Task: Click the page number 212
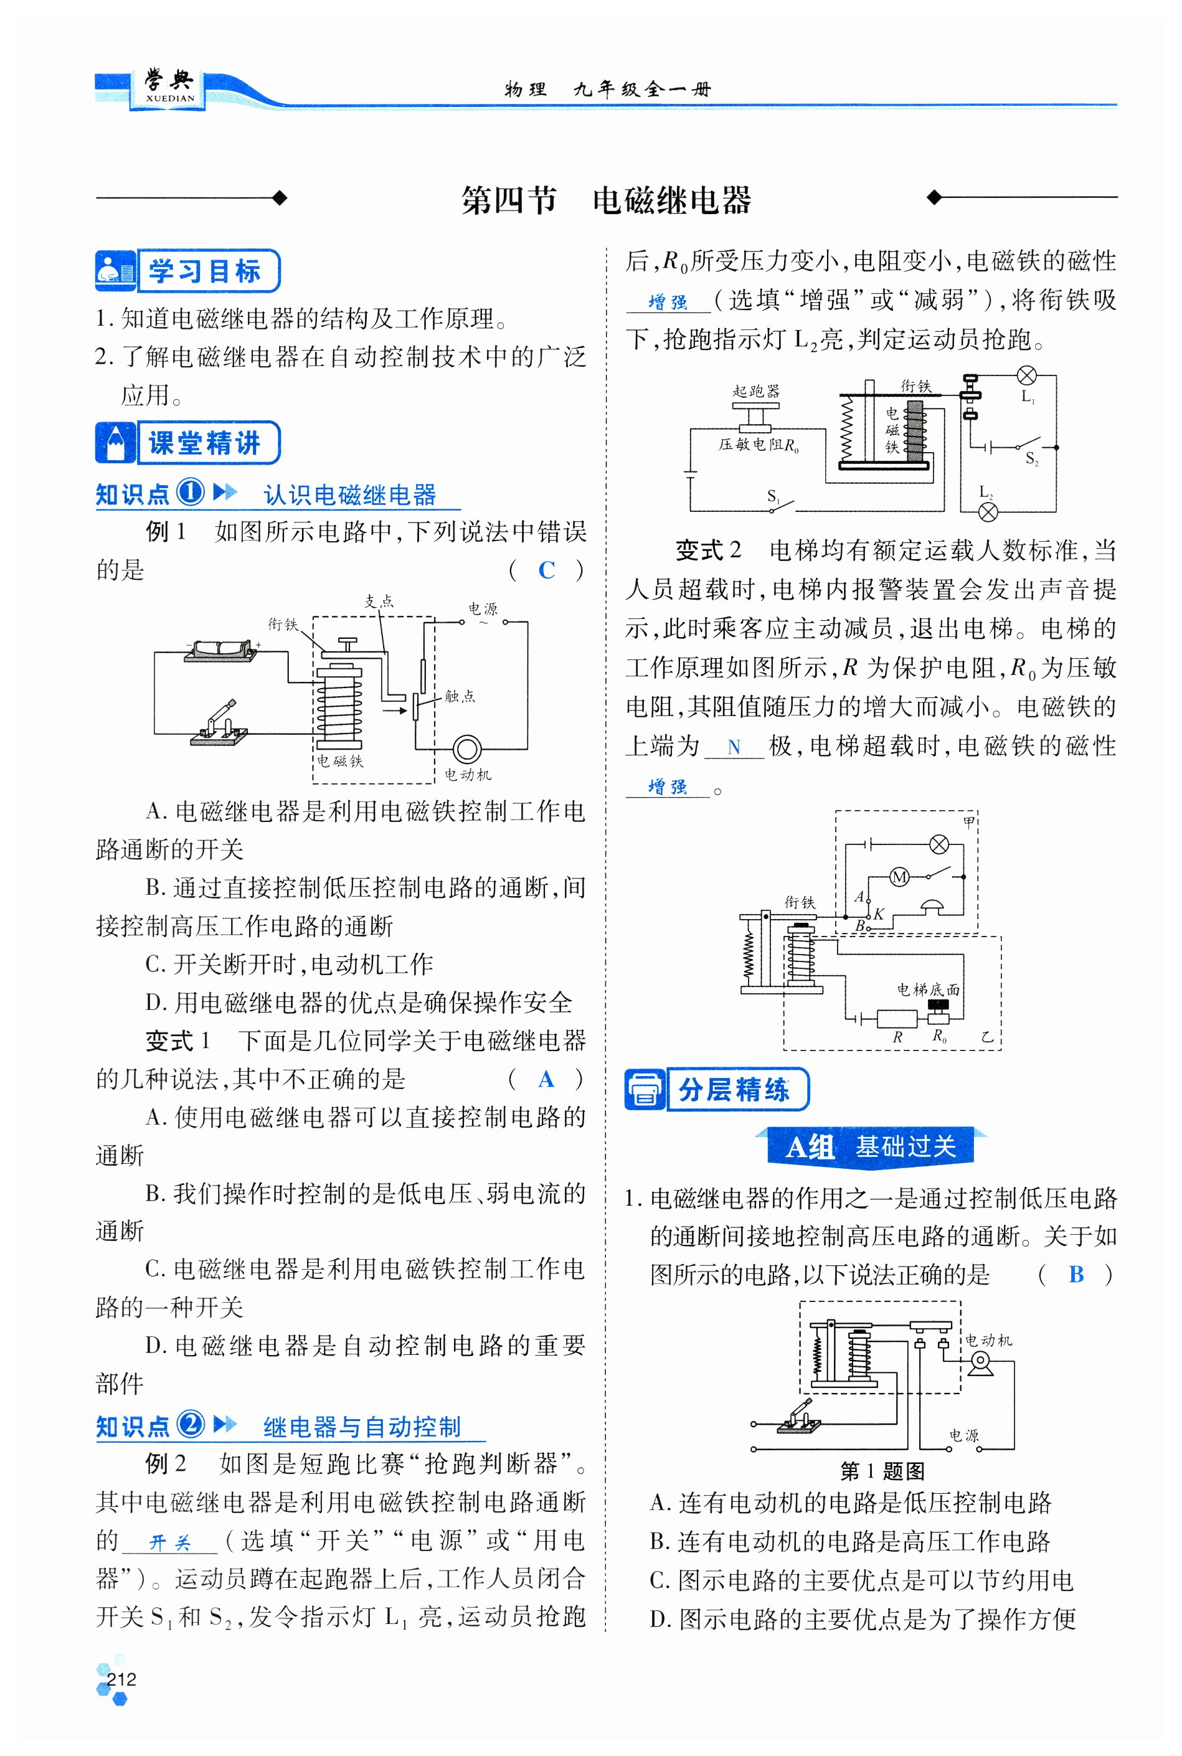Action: pos(121,1678)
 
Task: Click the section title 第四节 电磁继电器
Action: pos(606,201)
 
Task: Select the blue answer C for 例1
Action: pos(547,570)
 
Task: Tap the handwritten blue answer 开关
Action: pos(169,1542)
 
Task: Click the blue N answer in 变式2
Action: pos(734,748)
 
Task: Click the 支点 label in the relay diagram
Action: pos(379,601)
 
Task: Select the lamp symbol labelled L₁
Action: pos(1027,375)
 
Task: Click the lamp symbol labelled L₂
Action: pos(988,512)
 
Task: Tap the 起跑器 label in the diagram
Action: pos(756,390)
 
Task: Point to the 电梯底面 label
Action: pos(928,989)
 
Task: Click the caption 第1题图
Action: pos(882,1470)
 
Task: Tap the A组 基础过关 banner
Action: pos(871,1147)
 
